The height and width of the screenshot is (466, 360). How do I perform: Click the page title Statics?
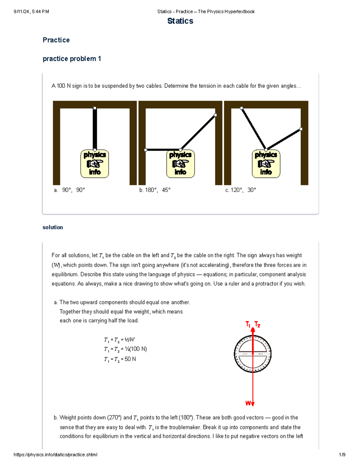[180, 21]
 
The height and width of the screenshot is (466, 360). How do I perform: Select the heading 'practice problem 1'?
[72, 59]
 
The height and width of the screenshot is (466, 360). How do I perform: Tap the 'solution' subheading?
[53, 227]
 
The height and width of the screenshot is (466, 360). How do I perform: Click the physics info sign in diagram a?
[95, 164]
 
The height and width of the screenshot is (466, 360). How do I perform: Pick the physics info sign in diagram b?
[180, 164]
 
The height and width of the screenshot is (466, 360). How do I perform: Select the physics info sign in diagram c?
[266, 164]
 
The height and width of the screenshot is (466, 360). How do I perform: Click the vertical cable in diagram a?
[95, 129]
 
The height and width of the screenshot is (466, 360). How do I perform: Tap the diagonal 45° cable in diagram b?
[198, 132]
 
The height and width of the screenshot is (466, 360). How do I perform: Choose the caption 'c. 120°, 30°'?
[241, 190]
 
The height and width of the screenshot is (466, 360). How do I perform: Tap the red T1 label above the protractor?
[248, 324]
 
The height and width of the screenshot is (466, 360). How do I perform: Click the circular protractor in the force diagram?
[253, 354]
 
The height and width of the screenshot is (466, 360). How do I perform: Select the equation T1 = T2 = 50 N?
[120, 359]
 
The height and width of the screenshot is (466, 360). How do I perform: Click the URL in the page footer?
[55, 455]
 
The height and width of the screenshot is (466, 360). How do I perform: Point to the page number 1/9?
[342, 455]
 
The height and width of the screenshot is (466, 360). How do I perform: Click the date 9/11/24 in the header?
[22, 12]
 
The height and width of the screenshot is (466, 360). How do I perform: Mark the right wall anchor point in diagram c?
[301, 129]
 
